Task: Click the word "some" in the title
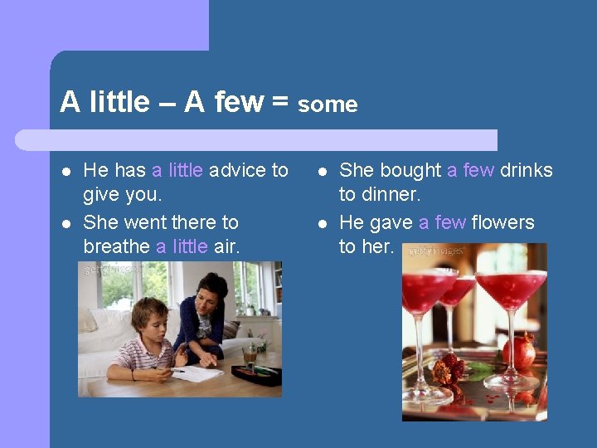click(x=328, y=105)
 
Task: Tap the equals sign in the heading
click(x=279, y=103)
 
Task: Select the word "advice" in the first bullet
click(x=237, y=170)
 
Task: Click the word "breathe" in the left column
click(x=116, y=246)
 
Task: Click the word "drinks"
click(x=526, y=170)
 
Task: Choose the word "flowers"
click(x=503, y=222)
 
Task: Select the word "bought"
click(x=412, y=170)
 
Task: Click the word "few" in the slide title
click(x=239, y=103)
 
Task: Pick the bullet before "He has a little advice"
click(x=65, y=171)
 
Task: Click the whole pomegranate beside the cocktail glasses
click(x=520, y=351)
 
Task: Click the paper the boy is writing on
click(x=197, y=373)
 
